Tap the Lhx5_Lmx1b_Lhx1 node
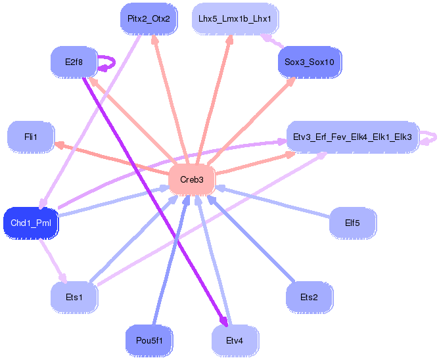pos(235,19)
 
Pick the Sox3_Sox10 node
pos(310,62)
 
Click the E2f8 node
pos(73,62)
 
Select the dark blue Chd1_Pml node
pos(31,223)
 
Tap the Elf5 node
pos(352,223)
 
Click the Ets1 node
pos(74,298)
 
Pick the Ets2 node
pos(309,298)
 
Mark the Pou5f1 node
pos(149,340)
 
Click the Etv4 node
pos(235,340)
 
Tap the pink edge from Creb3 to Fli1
pos(112,158)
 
